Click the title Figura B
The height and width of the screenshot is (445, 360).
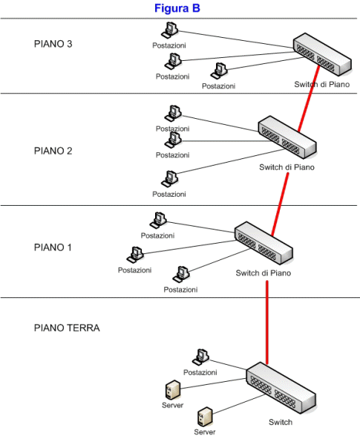(x=177, y=8)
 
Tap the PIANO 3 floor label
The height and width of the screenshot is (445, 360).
(x=53, y=44)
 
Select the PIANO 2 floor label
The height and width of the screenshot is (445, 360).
(x=53, y=151)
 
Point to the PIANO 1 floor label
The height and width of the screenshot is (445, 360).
(x=53, y=247)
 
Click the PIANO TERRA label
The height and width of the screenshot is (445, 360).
(x=67, y=328)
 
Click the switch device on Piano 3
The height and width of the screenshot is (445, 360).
(x=322, y=54)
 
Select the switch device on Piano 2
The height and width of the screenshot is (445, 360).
(x=287, y=137)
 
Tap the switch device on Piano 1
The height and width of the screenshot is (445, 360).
(x=264, y=243)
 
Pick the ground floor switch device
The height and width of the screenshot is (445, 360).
(x=281, y=387)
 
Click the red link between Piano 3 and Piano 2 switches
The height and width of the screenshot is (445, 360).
(x=309, y=99)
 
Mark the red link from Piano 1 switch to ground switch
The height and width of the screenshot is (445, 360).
(x=267, y=322)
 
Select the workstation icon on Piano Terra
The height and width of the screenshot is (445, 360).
(x=201, y=357)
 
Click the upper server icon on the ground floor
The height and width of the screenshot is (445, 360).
(x=173, y=390)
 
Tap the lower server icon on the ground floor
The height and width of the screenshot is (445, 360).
(x=205, y=417)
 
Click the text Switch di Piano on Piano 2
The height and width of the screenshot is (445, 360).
(x=287, y=167)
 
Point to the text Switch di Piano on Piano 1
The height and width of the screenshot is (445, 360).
(x=264, y=273)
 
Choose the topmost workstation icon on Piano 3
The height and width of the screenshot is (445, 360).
(x=169, y=30)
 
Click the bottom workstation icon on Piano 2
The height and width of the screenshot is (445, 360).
(x=169, y=179)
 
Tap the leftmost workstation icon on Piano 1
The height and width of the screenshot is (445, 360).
(x=135, y=255)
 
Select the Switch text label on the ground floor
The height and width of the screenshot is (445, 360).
(x=281, y=422)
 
